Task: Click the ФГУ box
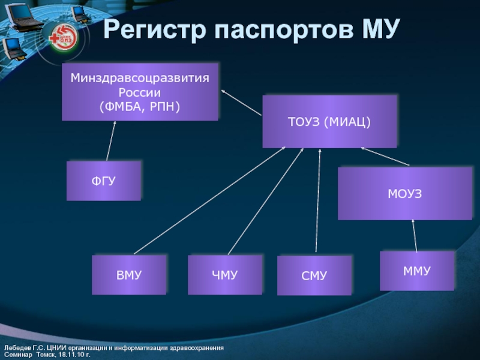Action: pos(103,180)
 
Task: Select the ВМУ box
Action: pos(128,275)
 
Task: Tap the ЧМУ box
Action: pos(224,275)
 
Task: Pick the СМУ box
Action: pos(314,275)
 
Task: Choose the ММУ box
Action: pos(417,271)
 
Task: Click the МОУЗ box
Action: pos(405,194)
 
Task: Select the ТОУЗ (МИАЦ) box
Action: pos(329,122)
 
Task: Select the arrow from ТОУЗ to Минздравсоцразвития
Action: pos(241,103)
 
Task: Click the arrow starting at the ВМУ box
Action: pos(210,201)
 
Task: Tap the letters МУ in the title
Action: pos(373,30)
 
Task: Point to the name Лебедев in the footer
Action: pos(18,349)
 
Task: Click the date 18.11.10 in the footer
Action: pos(67,355)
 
